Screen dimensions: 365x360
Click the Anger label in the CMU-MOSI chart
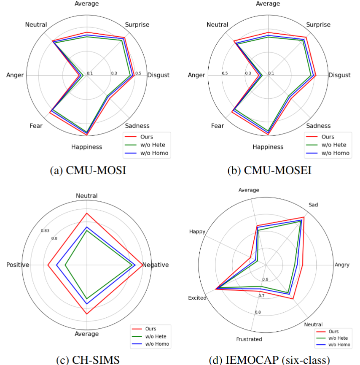tap(15, 75)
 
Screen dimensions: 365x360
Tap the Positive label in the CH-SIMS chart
tap(18, 265)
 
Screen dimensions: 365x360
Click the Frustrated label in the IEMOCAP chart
tap(249, 339)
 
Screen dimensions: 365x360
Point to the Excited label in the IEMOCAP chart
tap(197, 298)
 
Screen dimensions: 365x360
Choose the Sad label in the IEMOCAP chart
tap(313, 205)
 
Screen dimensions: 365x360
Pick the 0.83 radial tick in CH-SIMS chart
tap(45, 230)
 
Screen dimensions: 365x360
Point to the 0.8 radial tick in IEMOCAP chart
tap(258, 312)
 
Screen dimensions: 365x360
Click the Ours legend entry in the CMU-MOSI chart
tap(147, 137)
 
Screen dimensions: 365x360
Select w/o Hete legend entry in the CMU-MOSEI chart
tap(332, 145)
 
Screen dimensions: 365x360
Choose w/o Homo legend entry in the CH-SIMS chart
tap(155, 344)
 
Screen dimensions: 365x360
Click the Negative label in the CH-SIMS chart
tap(156, 265)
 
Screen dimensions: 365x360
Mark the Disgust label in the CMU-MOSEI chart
tap(339, 75)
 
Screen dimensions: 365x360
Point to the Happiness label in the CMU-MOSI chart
tap(86, 147)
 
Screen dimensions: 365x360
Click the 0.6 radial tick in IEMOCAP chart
tap(265, 279)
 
